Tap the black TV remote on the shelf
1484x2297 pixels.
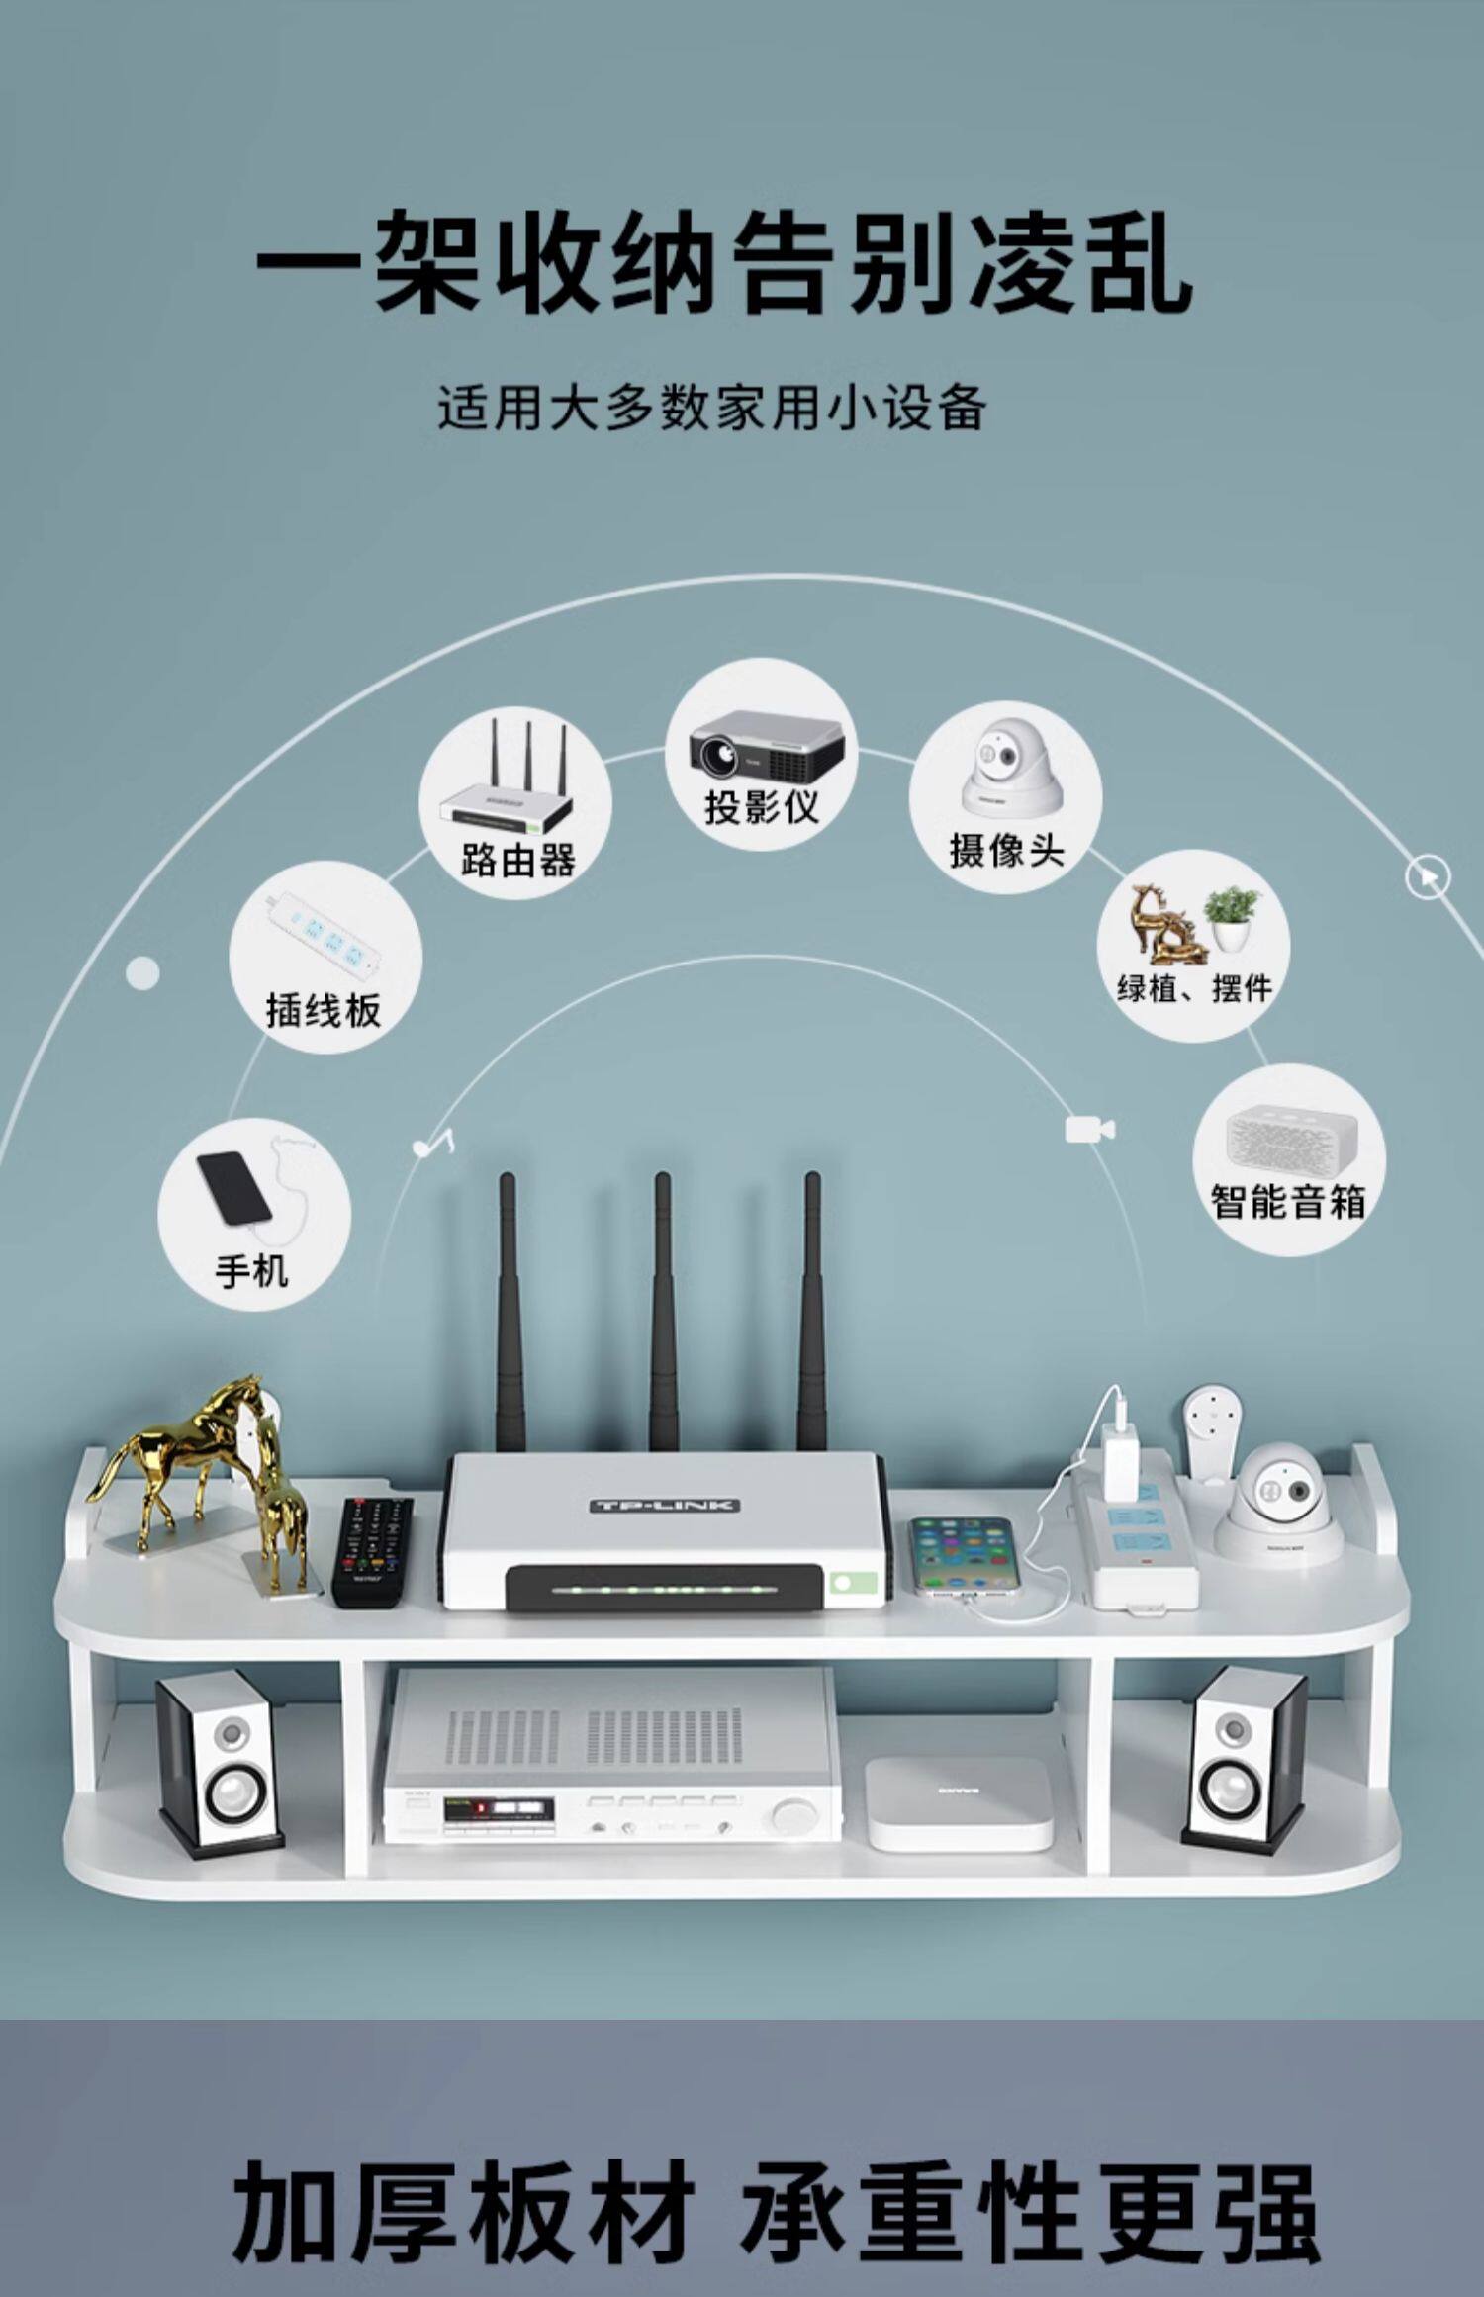coord(372,1550)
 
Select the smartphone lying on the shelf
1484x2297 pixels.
coord(963,1554)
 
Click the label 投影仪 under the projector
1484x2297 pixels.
coord(761,807)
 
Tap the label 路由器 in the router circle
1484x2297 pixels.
coord(517,860)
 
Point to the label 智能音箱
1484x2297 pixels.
coord(1288,1202)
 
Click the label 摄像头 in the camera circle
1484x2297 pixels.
coord(1006,850)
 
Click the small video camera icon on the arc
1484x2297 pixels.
coord(1089,1129)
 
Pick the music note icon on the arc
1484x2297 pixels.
coord(433,1144)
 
